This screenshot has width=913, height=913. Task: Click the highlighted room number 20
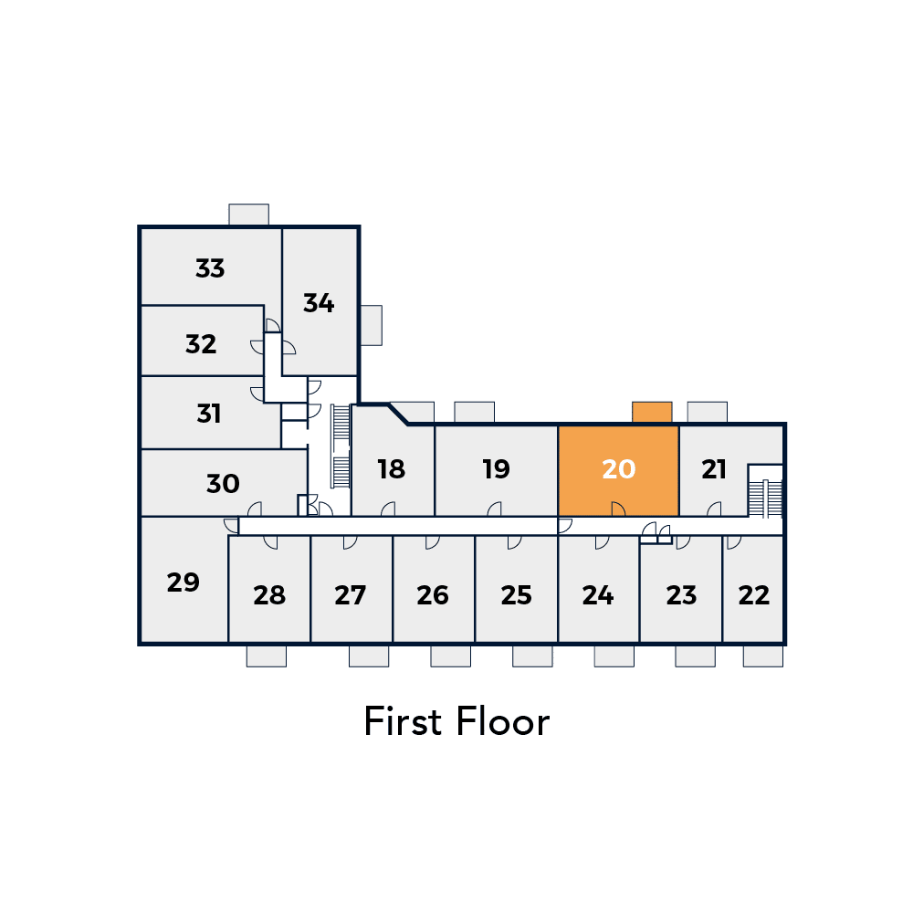click(x=618, y=469)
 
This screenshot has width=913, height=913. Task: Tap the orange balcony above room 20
click(x=652, y=413)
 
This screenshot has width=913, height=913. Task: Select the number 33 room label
click(x=210, y=268)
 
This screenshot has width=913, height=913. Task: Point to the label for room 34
click(x=319, y=303)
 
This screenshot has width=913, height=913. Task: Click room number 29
click(x=183, y=582)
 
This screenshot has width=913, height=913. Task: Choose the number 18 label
click(x=391, y=469)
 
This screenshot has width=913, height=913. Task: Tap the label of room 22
click(x=753, y=595)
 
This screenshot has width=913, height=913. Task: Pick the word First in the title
click(x=403, y=721)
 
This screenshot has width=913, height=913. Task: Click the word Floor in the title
click(x=503, y=721)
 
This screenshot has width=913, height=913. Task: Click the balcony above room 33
click(x=248, y=215)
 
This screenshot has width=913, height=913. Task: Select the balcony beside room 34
click(x=372, y=326)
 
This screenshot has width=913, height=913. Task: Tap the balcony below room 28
click(x=266, y=656)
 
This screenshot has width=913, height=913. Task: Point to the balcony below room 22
click(x=762, y=656)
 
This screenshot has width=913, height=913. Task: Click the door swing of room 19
click(x=494, y=509)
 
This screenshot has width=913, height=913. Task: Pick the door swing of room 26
click(x=433, y=542)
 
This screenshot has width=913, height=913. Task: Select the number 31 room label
click(x=208, y=414)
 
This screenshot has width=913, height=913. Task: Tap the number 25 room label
click(x=516, y=595)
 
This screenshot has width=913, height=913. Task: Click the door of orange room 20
click(x=618, y=509)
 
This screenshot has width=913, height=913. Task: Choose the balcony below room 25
click(x=532, y=656)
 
